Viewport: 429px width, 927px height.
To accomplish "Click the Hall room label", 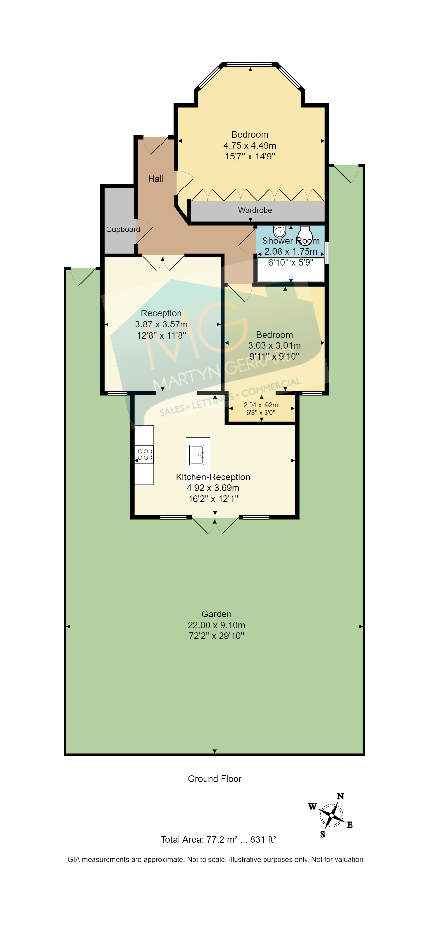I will [156, 179].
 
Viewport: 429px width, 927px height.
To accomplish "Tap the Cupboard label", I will [123, 229].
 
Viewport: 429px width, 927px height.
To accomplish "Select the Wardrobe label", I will [255, 210].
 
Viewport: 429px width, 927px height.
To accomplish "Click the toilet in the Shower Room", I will [305, 234].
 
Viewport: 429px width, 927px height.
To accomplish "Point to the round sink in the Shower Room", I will [279, 231].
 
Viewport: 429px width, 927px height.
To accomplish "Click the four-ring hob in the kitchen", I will [144, 454].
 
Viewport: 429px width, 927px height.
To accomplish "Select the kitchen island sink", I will [197, 454].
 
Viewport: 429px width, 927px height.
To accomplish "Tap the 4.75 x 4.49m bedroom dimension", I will [250, 146].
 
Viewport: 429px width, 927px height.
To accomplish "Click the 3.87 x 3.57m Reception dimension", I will [161, 324].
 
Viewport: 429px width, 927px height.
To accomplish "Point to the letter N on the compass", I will [340, 796].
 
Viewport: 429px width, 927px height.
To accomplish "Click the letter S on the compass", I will [322, 834].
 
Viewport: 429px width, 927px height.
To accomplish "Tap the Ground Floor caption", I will [214, 779].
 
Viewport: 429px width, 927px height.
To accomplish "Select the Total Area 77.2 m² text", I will [218, 839].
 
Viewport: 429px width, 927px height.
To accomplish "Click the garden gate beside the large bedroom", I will [347, 173].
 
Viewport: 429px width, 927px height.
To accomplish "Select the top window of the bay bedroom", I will [250, 65].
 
